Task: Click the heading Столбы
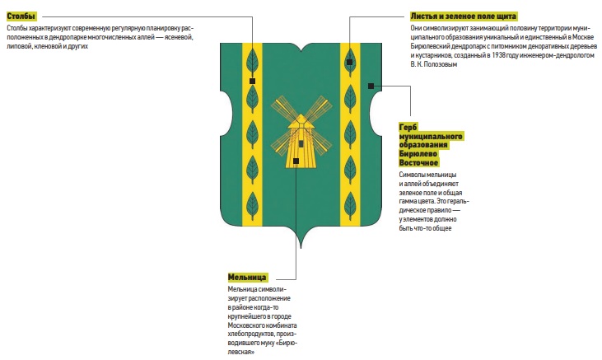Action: click(21, 16)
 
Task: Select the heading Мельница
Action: click(247, 277)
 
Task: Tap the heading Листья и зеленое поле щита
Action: click(463, 16)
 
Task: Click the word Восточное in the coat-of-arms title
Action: click(418, 163)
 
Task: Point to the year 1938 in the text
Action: click(499, 55)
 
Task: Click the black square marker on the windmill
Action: click(296, 161)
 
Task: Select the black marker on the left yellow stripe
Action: click(252, 81)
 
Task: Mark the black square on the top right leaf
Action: click(349, 63)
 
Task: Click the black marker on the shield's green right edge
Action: click(371, 86)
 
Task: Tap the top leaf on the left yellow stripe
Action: click(252, 63)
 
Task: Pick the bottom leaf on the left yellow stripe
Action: click(252, 205)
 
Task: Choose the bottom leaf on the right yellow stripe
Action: click(350, 206)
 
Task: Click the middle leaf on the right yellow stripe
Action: click(350, 134)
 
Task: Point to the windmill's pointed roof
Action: click(301, 120)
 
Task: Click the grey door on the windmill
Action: click(301, 143)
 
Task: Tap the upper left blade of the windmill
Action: click(285, 108)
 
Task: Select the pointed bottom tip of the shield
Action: click(301, 248)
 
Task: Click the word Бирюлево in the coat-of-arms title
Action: click(418, 154)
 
